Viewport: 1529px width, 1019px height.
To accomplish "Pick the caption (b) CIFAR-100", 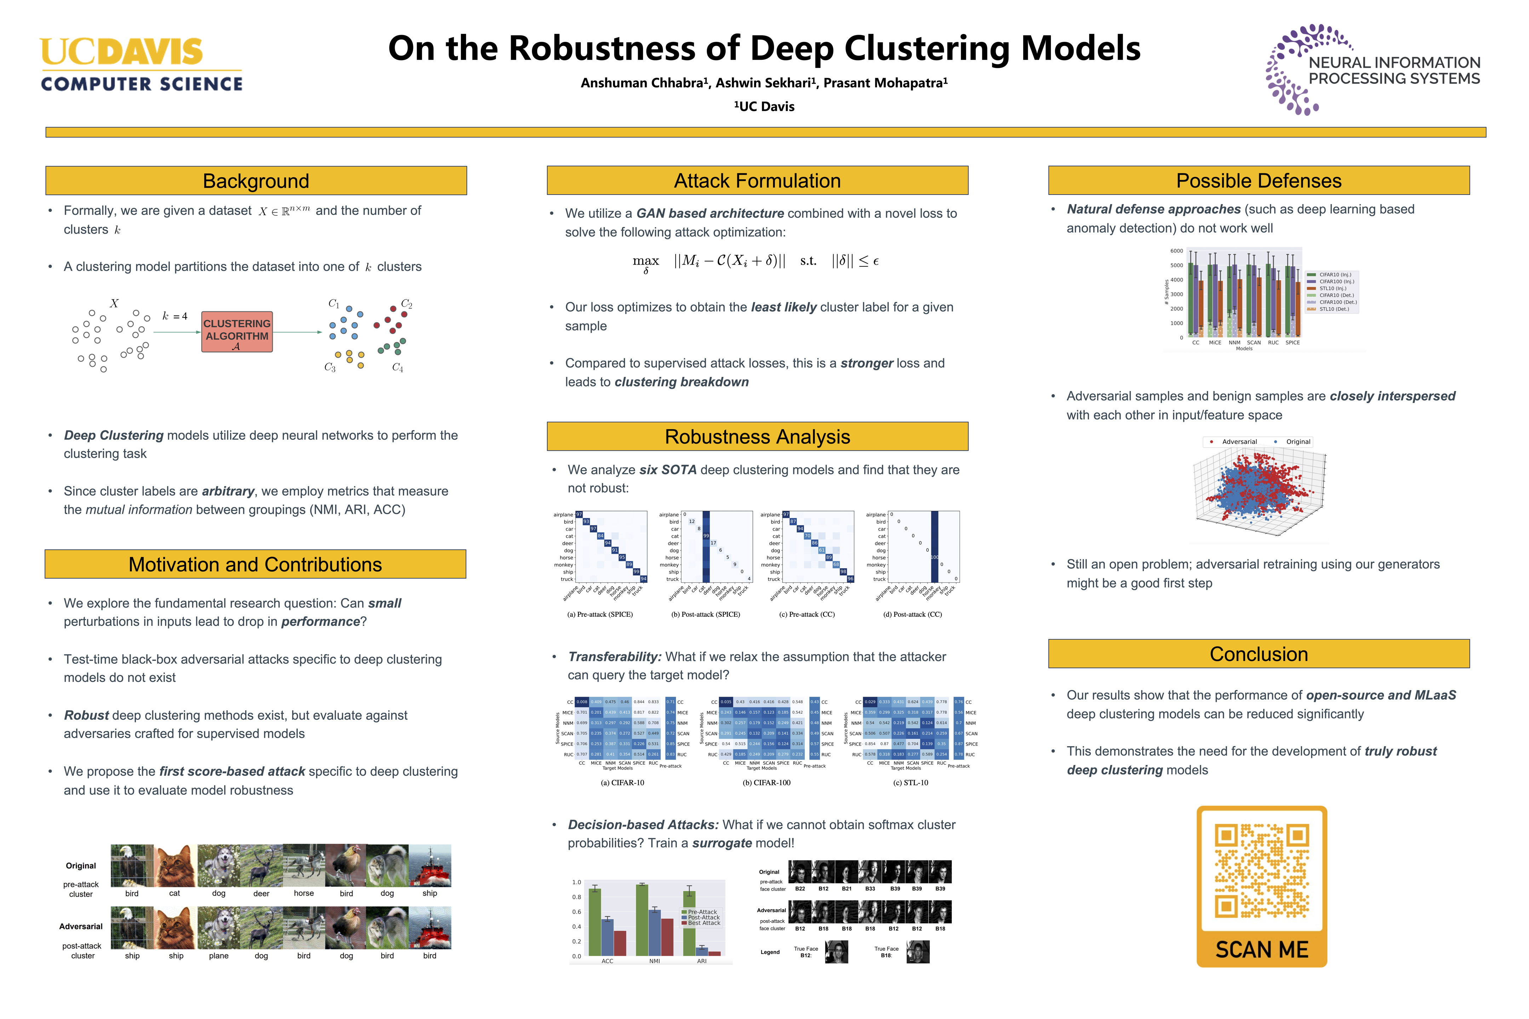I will (x=767, y=782).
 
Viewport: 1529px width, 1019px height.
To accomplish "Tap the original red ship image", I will (x=430, y=866).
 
